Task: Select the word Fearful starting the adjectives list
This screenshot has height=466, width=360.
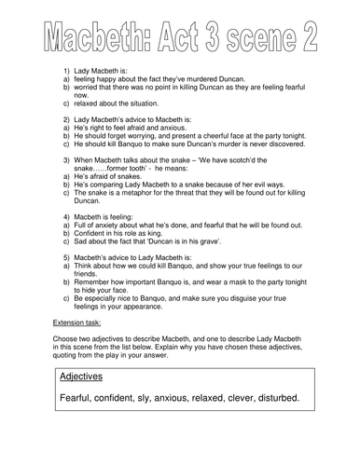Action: click(x=78, y=399)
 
